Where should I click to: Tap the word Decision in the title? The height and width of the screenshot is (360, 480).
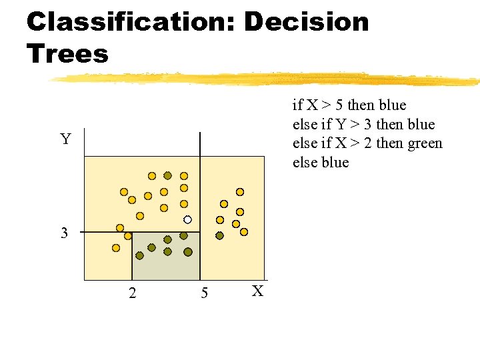[x=306, y=22]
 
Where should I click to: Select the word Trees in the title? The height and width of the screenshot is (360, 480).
[x=67, y=54]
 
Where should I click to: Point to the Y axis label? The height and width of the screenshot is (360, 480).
[x=65, y=139]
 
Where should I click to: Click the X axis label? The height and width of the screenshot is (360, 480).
[x=259, y=291]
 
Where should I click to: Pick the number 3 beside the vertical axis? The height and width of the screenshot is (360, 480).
[x=64, y=233]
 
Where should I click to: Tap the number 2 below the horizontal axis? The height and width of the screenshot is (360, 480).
[x=132, y=293]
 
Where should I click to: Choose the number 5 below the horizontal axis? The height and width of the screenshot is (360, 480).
[x=204, y=293]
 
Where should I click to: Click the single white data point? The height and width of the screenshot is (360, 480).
[x=188, y=219]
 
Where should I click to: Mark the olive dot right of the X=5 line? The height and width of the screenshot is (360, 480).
[x=219, y=235]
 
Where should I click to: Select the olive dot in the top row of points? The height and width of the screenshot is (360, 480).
[x=168, y=175]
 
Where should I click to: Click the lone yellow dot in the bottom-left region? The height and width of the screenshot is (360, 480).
[x=116, y=248]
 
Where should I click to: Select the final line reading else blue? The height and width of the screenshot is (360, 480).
[x=321, y=163]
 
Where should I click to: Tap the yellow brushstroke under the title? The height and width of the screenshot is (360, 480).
[x=267, y=79]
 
